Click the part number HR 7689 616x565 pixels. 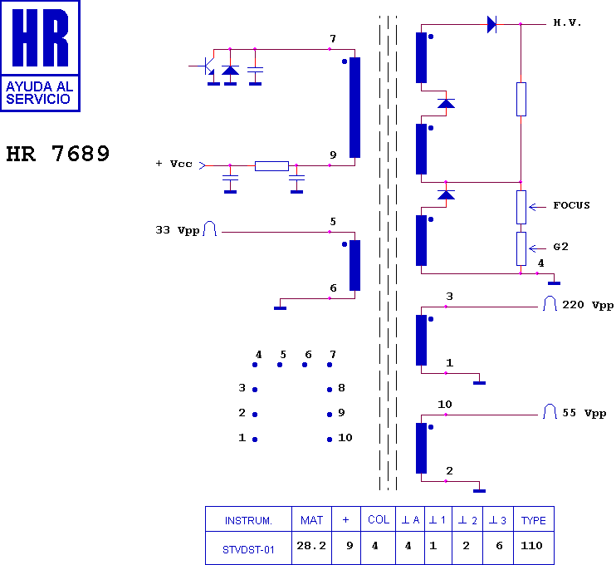[58, 155]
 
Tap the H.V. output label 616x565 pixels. [568, 23]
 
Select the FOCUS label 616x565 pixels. [571, 205]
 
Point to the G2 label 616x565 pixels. [560, 247]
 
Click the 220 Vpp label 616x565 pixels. [588, 305]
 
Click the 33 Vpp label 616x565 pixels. [178, 230]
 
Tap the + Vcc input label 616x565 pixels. [174, 164]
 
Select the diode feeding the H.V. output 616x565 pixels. [491, 25]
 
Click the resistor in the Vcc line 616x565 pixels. [271, 166]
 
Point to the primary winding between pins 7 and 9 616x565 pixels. [355, 107]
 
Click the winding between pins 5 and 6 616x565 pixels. [355, 265]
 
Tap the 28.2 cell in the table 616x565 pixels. [311, 546]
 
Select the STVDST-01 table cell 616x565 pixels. [248, 548]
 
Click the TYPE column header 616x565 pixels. [533, 520]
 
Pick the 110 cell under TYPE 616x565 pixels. [532, 546]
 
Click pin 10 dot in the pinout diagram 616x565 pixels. [330, 439]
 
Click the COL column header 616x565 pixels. [378, 520]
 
